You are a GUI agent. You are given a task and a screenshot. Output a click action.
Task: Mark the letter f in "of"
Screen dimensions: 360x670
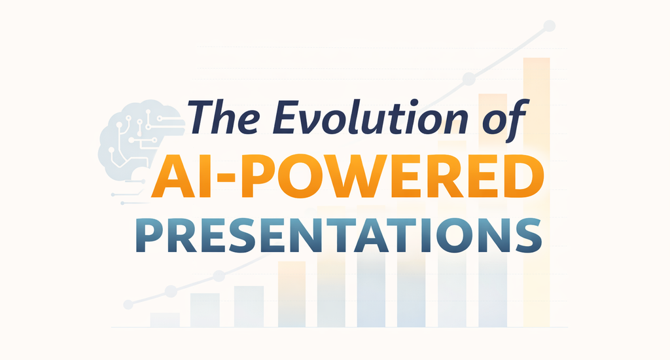pos(517,117)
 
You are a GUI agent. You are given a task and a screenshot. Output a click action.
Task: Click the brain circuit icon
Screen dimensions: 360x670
pos(134,141)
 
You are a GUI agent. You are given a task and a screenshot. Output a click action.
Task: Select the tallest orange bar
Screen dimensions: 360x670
pos(537,190)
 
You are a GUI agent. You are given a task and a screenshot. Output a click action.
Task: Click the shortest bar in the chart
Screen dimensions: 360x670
pos(164,319)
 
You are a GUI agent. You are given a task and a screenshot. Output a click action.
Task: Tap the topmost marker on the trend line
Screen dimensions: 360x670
pos(550,26)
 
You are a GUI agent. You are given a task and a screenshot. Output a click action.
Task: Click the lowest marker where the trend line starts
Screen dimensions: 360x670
pos(129,304)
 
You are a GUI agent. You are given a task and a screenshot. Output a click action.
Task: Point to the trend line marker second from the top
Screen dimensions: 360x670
pos(468,79)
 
